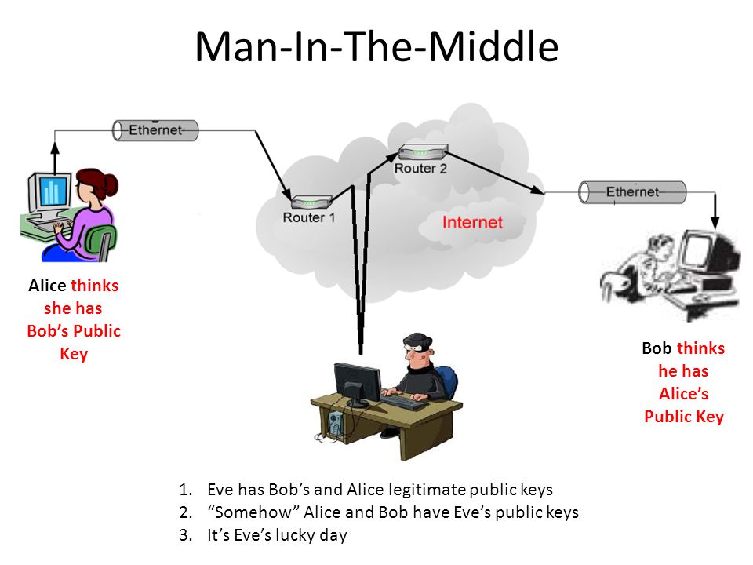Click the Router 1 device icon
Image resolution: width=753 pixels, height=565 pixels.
(x=308, y=202)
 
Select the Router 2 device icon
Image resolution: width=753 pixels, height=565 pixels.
(x=421, y=152)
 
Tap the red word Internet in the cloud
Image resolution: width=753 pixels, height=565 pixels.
(x=472, y=222)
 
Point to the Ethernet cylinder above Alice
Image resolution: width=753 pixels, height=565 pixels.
(x=155, y=130)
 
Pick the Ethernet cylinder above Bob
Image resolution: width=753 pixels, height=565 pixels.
(x=631, y=191)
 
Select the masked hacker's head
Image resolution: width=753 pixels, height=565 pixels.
(x=416, y=349)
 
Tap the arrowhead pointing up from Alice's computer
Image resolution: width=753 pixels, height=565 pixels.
(x=55, y=148)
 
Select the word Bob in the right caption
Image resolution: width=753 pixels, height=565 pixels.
(x=657, y=348)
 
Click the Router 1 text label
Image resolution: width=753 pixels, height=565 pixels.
(x=308, y=217)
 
